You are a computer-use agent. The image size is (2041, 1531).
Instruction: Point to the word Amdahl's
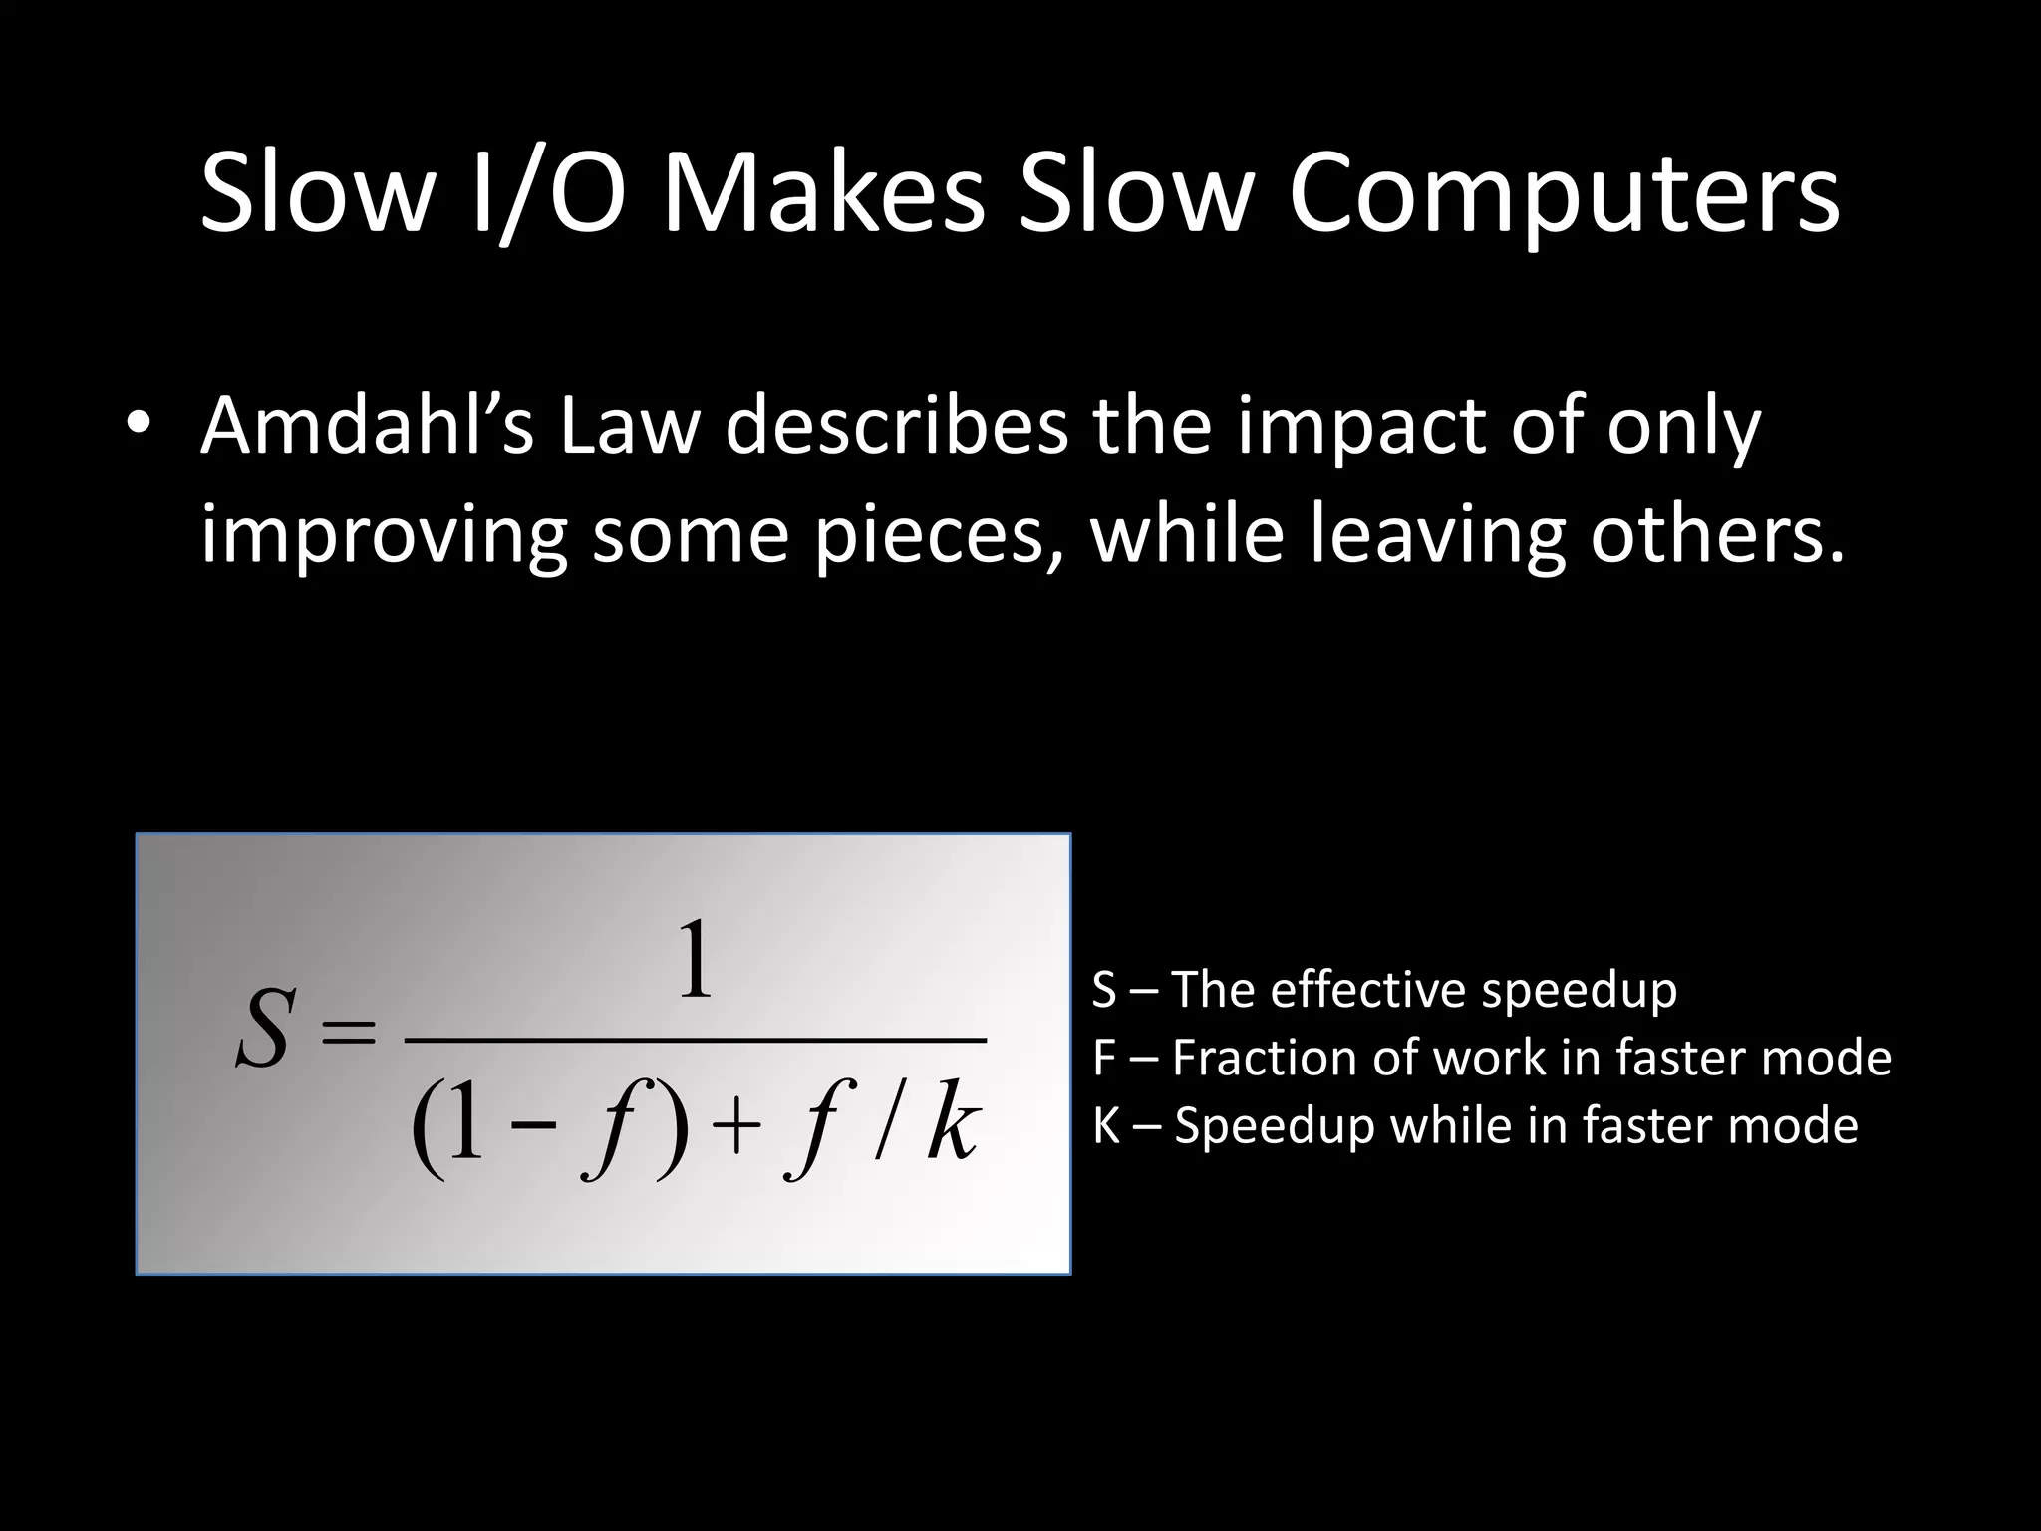368,425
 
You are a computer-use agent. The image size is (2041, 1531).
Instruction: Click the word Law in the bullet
627,425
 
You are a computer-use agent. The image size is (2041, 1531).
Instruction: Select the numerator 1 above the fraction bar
695,961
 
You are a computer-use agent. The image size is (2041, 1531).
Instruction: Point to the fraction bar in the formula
695,1040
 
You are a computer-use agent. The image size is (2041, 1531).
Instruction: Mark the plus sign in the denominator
734,1133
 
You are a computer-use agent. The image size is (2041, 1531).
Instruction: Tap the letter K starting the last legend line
1106,1126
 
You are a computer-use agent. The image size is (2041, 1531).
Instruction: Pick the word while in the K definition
1446,1126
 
